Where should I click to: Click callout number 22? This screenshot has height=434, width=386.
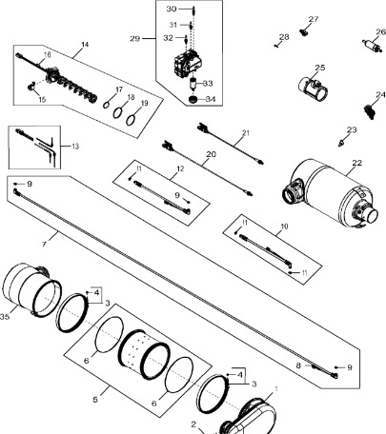click(357, 164)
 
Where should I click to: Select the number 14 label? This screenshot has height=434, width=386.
click(84, 46)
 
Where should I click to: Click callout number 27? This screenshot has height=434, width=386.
click(314, 20)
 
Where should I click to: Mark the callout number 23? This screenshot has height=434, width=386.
click(352, 129)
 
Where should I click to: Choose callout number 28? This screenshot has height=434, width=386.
click(283, 37)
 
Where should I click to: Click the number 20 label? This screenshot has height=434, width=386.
click(211, 153)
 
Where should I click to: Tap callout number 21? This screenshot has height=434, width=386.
click(245, 132)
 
